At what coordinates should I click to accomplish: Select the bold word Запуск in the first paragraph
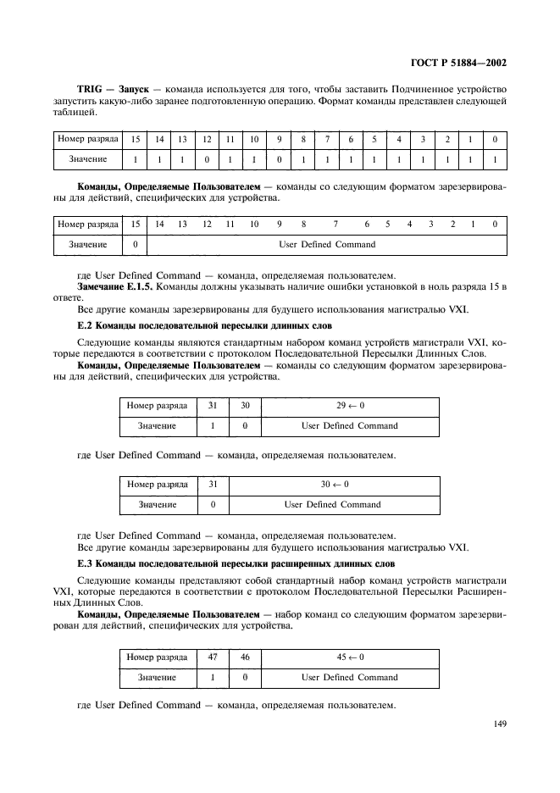click(131, 88)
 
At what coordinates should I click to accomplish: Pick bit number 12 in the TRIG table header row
click(206, 138)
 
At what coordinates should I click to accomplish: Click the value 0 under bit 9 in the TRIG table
click(278, 158)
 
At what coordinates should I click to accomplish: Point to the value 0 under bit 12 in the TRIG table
click(206, 158)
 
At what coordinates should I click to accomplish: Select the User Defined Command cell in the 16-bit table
click(327, 244)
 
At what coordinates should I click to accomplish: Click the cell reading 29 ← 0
click(349, 407)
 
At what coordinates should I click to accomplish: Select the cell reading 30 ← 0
click(334, 485)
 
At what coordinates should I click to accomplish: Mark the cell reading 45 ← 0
click(349, 657)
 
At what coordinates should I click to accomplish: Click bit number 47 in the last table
click(213, 657)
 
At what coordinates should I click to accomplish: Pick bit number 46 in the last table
click(245, 657)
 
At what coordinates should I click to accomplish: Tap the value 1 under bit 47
click(213, 678)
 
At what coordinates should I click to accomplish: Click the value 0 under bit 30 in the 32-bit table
click(245, 426)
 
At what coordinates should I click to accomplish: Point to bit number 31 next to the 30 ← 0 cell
click(213, 485)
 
